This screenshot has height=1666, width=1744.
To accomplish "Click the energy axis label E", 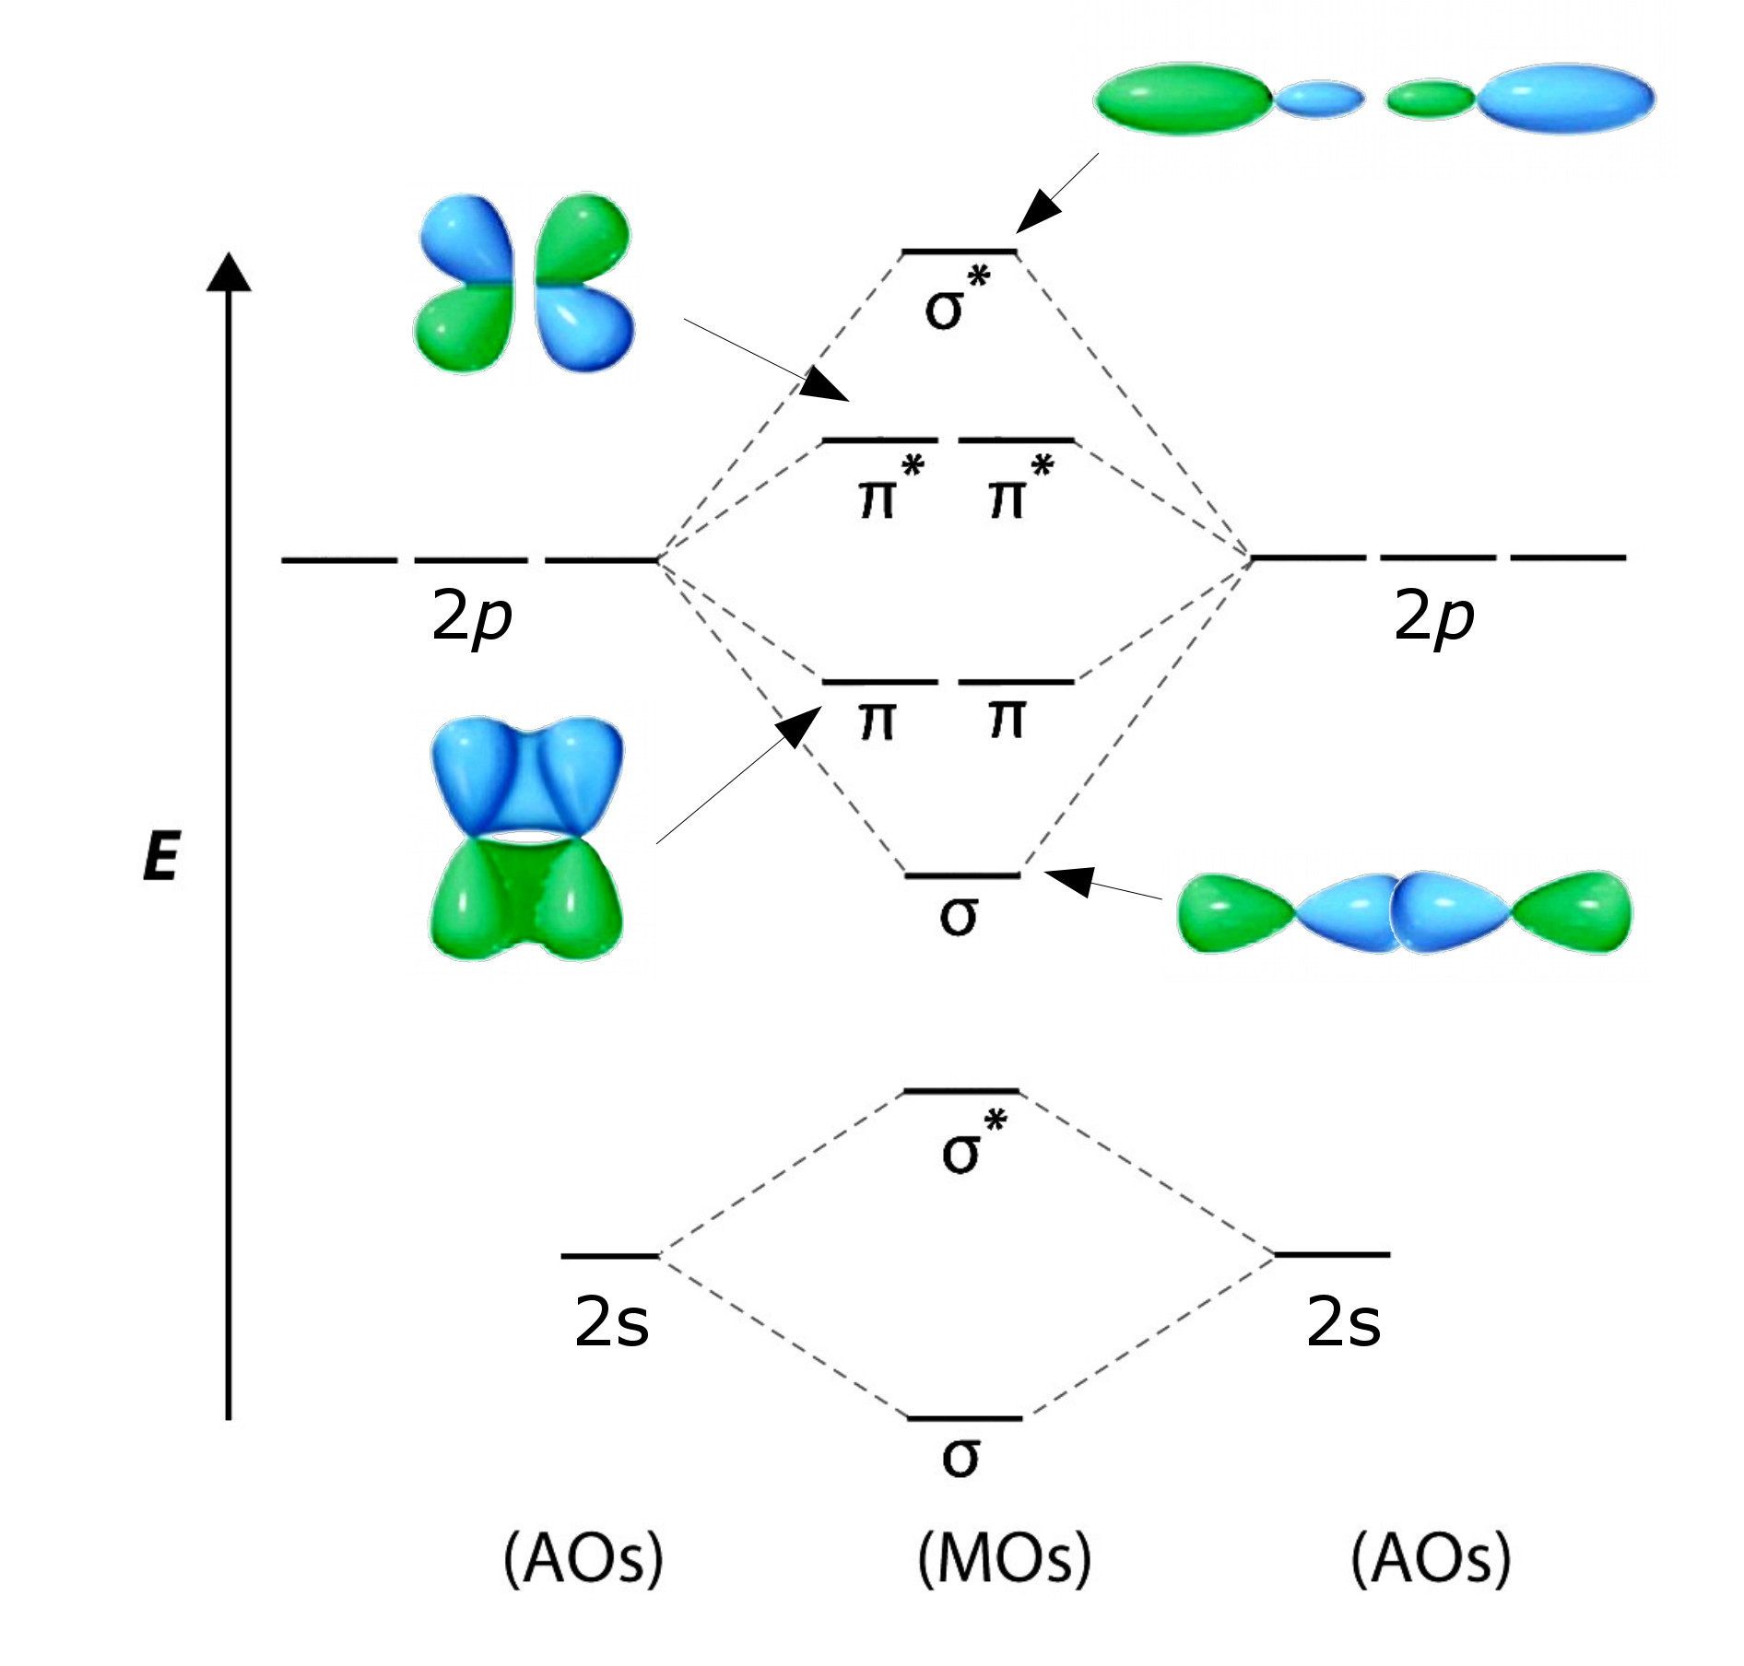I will tap(162, 856).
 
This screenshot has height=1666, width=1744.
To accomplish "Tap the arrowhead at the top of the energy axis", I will tap(229, 272).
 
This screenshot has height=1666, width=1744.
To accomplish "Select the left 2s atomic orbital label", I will tap(611, 1322).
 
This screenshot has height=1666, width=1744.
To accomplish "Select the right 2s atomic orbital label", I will tap(1343, 1322).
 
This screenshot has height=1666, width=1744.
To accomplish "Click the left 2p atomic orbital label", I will tap(471, 616).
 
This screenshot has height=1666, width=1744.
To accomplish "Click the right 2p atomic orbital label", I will tap(1433, 616).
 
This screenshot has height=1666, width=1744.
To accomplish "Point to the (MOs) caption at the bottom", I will tap(1004, 1558).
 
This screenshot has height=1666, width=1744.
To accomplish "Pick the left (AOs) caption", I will tap(583, 1558).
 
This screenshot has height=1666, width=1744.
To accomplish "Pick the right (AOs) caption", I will tap(1431, 1558).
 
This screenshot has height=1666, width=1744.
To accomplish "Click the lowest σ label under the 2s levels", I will tap(960, 1457).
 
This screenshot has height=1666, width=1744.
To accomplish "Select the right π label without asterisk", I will tap(1007, 719).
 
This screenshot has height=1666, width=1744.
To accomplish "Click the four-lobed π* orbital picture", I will tap(524, 283).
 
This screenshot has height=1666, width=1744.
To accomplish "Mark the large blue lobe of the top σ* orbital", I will tap(1565, 99).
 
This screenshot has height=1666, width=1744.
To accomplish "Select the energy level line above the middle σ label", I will tap(962, 874).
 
